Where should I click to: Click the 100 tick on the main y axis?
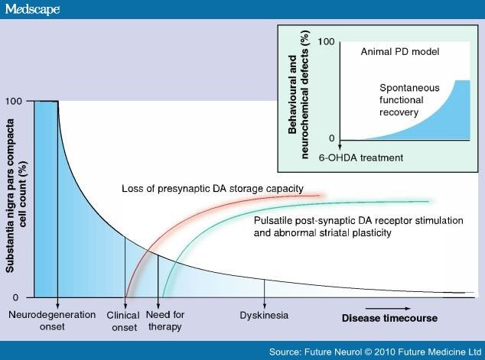pos(15,101)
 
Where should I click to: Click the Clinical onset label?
pos(123,320)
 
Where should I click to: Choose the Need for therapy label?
pos(166,320)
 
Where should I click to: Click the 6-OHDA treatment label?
pos(360,157)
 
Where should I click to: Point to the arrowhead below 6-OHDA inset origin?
pos(337,148)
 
